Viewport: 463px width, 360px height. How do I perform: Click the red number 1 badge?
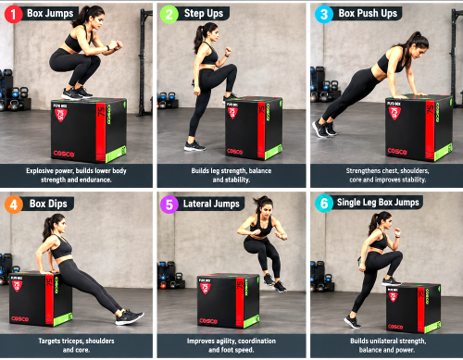(13, 14)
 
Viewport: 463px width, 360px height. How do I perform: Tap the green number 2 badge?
(169, 14)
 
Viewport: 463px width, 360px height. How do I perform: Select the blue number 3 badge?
(324, 14)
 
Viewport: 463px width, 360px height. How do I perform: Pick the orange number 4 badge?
(14, 205)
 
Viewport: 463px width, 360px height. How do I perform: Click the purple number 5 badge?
(169, 205)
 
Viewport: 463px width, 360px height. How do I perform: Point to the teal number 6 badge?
(324, 204)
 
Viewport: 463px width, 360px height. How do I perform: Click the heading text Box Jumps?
(50, 13)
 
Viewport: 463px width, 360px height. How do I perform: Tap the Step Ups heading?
(204, 13)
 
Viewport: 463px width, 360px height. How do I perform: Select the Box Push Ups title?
(368, 13)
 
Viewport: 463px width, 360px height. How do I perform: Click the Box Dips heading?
(48, 204)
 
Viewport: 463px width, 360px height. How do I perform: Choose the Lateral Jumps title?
(211, 204)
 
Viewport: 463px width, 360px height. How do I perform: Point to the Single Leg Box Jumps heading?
(378, 203)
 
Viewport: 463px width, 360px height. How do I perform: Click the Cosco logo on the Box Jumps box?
(64, 154)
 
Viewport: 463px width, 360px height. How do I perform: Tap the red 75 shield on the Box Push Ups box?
(394, 113)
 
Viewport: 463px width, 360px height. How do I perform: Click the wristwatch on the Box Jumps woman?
(108, 48)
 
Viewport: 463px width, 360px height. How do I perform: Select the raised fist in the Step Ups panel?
(228, 50)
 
